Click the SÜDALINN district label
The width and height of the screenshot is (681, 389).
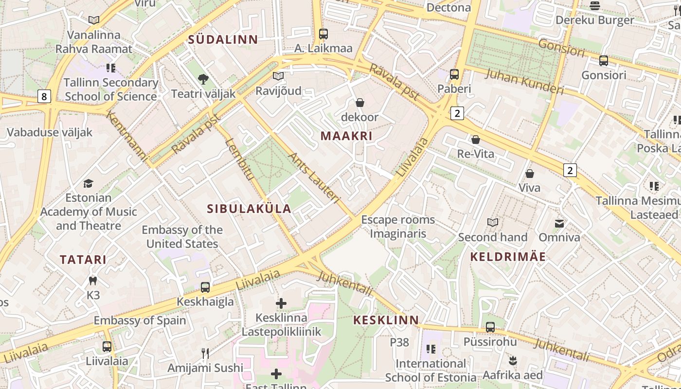[223, 39]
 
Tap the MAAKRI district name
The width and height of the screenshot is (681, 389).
[346, 136]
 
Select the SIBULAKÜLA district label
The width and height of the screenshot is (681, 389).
[249, 209]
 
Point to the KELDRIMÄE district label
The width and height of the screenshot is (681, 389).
[508, 257]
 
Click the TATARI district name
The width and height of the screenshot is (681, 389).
[83, 260]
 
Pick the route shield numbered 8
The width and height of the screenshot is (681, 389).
[44, 96]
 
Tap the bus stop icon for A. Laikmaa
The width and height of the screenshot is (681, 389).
[323, 34]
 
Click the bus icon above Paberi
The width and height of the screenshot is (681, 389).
[454, 74]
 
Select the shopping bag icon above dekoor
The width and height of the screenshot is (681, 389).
[360, 103]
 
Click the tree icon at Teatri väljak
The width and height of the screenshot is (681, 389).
[203, 79]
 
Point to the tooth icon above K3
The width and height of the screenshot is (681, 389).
[93, 281]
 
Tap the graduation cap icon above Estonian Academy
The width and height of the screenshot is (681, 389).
[88, 183]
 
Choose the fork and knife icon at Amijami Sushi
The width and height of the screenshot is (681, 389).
[205, 353]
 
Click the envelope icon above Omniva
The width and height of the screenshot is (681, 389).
[559, 223]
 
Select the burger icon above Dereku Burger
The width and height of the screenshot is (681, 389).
[594, 6]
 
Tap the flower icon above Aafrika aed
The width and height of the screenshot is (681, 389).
[512, 361]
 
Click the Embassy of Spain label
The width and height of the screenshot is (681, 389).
[140, 320]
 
